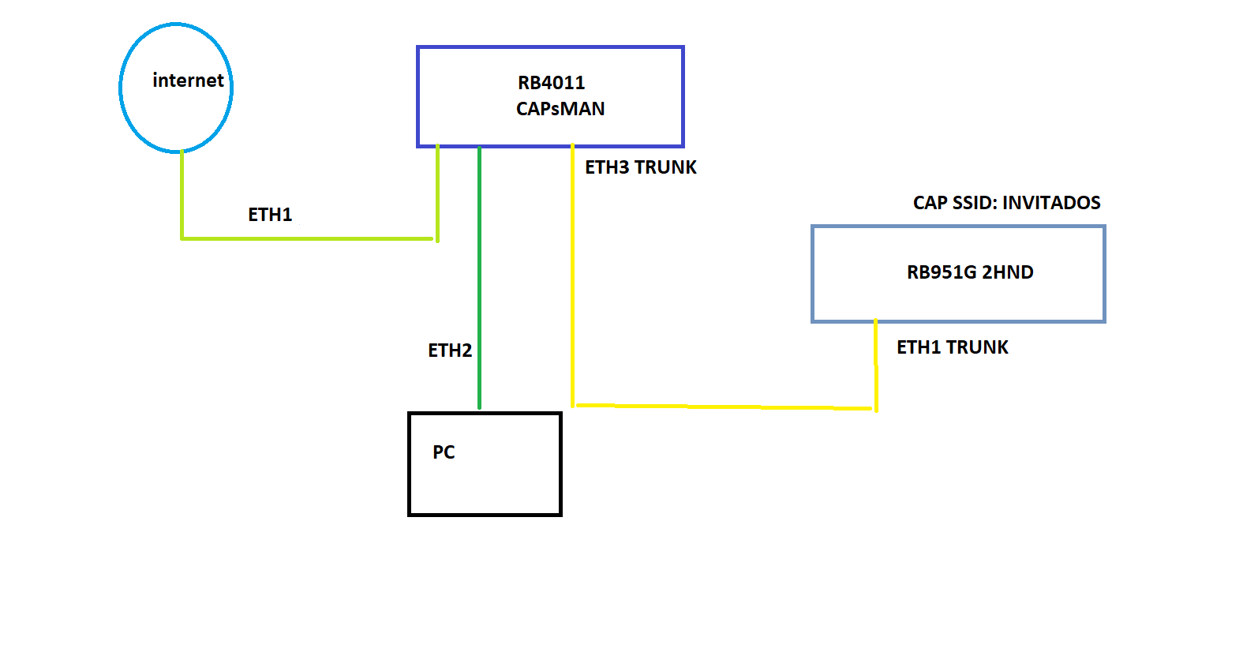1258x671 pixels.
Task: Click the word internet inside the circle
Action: coord(188,81)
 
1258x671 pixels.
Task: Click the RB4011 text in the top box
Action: coord(551,83)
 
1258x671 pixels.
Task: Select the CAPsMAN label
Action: coord(560,109)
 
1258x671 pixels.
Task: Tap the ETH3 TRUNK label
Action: coord(640,167)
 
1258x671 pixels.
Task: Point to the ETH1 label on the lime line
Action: coord(270,215)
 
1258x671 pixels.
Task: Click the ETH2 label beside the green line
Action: coord(450,350)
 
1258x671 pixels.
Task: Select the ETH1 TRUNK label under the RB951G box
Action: coord(952,347)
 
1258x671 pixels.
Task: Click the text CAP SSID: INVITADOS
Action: coord(1006,203)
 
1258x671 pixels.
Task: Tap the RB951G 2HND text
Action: coord(969,272)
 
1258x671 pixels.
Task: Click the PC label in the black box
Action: coord(444,452)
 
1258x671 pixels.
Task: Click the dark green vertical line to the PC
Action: coord(479,276)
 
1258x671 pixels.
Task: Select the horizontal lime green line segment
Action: coord(308,238)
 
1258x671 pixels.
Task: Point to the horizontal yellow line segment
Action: coord(722,407)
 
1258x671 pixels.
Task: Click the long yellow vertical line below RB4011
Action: coord(572,276)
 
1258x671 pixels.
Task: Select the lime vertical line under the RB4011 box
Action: coord(437,193)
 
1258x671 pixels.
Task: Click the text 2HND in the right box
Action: coord(1007,272)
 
